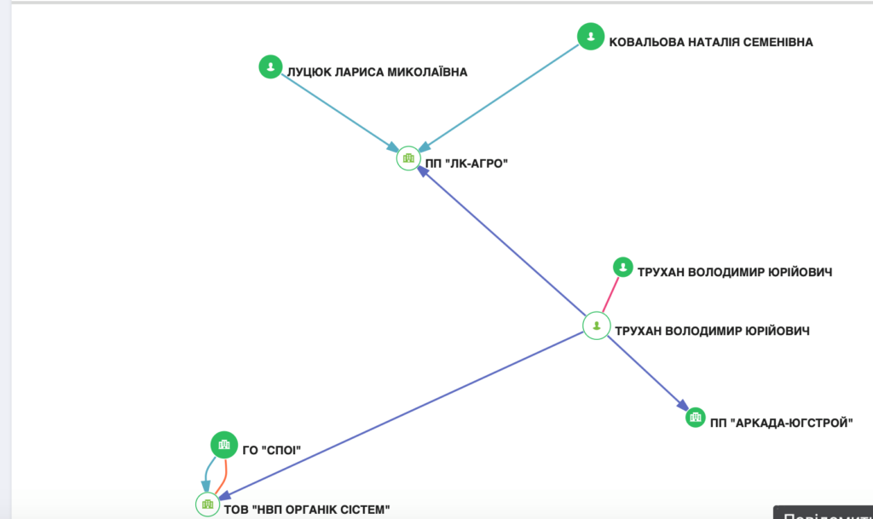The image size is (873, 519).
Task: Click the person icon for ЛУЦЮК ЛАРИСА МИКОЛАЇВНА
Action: [270, 66]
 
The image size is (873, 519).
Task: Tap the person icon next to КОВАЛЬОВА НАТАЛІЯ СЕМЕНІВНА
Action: [590, 36]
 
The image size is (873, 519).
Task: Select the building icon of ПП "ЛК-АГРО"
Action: [409, 159]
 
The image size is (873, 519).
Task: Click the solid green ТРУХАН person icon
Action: [623, 267]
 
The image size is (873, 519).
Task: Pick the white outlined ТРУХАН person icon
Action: [596, 326]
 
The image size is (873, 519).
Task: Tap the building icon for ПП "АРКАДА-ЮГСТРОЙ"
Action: [696, 418]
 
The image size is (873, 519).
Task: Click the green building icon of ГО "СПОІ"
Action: [223, 444]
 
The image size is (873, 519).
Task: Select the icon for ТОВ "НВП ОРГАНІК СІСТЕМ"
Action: [207, 505]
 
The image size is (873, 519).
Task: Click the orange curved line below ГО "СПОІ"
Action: [225, 476]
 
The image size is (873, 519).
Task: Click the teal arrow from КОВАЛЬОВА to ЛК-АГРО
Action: [503, 95]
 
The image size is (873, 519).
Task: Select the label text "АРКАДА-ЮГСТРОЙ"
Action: [792, 423]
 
